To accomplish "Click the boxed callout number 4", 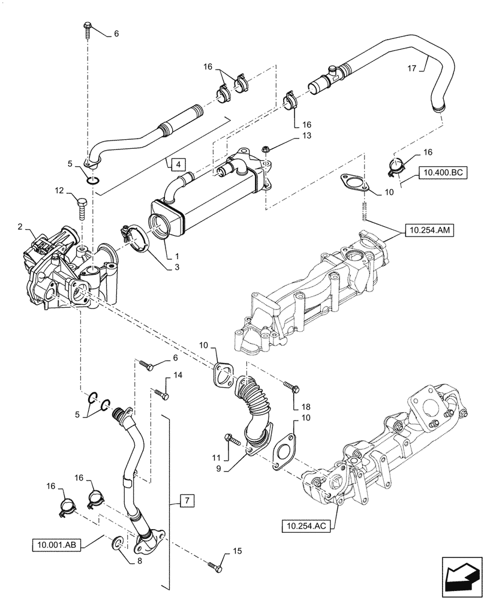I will coord(178,163).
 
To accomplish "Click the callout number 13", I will coord(290,137).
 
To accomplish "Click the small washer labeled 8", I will coord(119,543).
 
